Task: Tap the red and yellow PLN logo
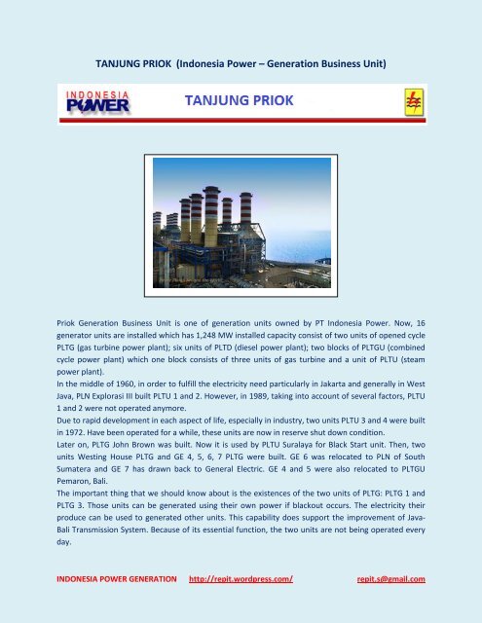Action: [x=411, y=101]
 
